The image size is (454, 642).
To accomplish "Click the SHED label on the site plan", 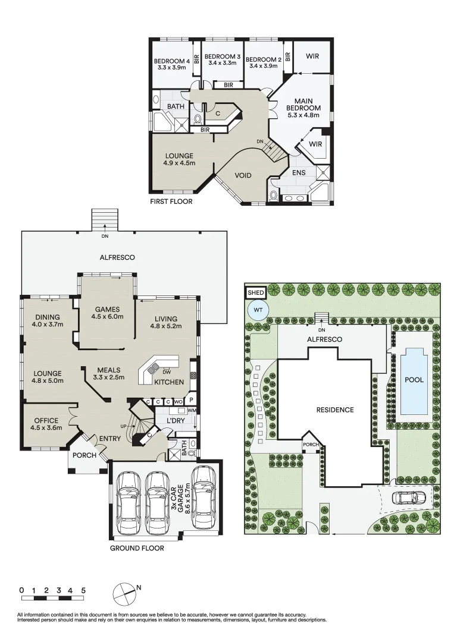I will click(x=256, y=292).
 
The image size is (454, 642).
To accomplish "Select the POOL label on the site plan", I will click(x=414, y=379).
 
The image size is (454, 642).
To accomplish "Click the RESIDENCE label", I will click(x=334, y=410).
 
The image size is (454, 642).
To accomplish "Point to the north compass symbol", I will click(x=124, y=591).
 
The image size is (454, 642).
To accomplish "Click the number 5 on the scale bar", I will click(x=83, y=590).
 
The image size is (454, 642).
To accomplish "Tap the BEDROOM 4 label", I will click(x=171, y=61).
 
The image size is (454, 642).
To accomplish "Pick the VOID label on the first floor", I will click(x=243, y=175).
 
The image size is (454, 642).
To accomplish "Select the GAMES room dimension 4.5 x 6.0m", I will click(x=107, y=317).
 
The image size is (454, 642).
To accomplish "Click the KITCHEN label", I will click(x=169, y=382).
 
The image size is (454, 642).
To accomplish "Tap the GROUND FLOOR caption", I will click(x=136, y=548).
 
